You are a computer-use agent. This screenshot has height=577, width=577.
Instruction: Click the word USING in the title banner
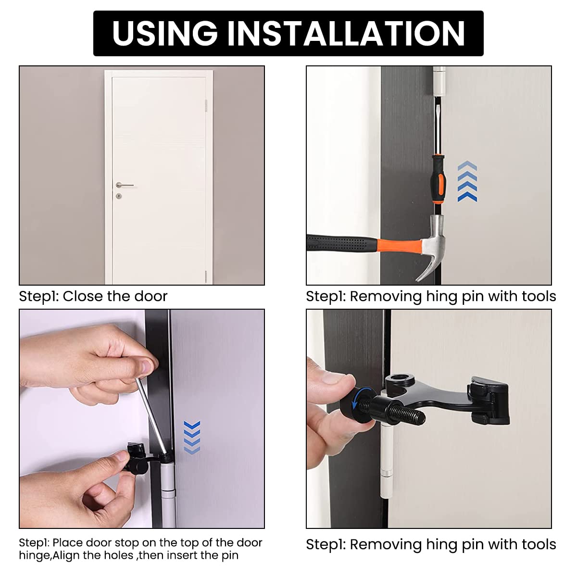(x=165, y=33)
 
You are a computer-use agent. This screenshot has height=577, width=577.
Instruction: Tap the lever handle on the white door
(x=124, y=185)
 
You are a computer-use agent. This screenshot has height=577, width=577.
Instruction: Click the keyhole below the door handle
(x=119, y=196)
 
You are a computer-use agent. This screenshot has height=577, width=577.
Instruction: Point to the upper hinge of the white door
(x=206, y=105)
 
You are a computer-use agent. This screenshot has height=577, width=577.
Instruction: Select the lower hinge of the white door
(x=206, y=276)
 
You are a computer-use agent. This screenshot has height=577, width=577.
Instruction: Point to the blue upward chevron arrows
(x=467, y=181)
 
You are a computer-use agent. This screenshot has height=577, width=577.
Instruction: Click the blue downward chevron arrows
(x=192, y=438)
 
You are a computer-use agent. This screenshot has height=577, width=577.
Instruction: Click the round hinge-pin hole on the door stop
(x=400, y=377)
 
